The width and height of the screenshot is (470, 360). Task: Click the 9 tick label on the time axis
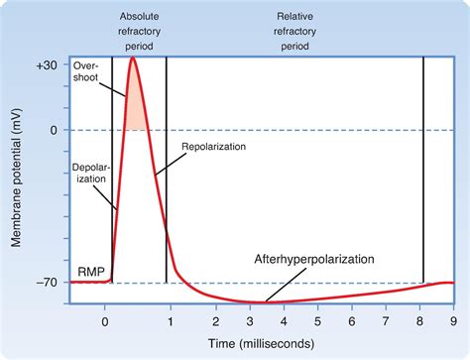pos(452,320)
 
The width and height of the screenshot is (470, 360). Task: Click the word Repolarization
pos(213,146)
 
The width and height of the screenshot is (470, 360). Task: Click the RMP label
pos(87,270)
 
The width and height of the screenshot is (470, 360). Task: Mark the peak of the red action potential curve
pos(133,59)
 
